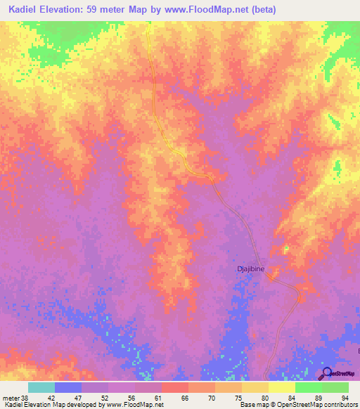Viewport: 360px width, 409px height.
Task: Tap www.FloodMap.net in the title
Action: pyautogui.click(x=210, y=10)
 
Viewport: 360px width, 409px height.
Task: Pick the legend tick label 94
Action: pyautogui.click(x=344, y=396)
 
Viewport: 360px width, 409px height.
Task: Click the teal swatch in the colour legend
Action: pyautogui.click(x=41, y=387)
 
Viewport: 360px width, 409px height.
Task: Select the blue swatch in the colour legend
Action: pyautogui.click(x=68, y=387)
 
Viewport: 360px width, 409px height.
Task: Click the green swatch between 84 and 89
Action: pyautogui.click(x=309, y=387)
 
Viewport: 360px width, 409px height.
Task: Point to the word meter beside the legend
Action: pyautogui.click(x=9, y=396)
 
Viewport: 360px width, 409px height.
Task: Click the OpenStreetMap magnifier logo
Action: pyautogui.click(x=326, y=373)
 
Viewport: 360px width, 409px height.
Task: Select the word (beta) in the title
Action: pyautogui.click(x=262, y=10)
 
